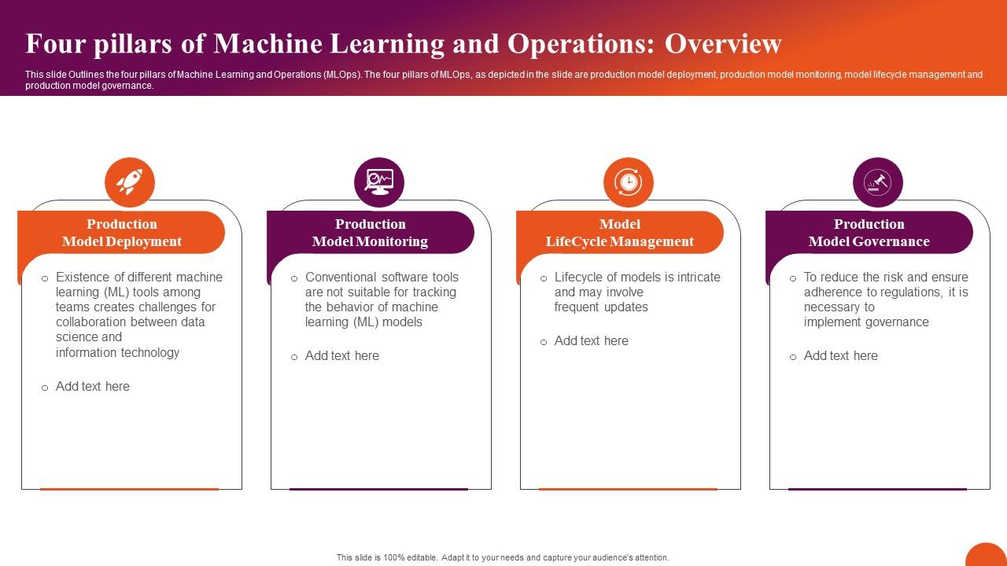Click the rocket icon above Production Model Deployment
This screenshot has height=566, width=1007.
click(130, 182)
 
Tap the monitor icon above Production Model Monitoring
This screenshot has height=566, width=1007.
click(379, 182)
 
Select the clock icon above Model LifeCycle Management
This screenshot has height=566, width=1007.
click(629, 182)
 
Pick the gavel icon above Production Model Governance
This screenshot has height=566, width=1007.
click(878, 182)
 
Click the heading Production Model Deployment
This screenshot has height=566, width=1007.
click(122, 233)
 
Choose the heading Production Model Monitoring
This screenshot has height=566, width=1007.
click(371, 233)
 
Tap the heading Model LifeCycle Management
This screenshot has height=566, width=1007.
click(620, 233)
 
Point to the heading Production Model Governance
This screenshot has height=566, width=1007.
click(869, 233)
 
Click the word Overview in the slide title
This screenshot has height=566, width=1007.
click(723, 44)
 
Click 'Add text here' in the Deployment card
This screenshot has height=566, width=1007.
click(93, 386)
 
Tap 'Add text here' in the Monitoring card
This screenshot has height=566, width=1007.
click(342, 355)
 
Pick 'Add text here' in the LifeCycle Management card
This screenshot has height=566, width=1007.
click(592, 340)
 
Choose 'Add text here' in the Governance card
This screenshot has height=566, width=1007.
click(841, 355)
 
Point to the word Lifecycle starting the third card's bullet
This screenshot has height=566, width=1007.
click(579, 277)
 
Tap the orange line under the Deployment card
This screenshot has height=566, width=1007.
click(129, 489)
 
